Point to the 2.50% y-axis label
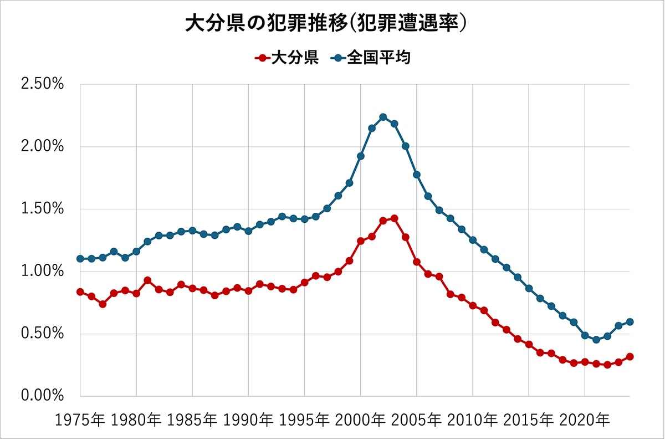point(42,85)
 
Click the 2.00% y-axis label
point(42,147)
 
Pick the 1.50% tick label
point(42,209)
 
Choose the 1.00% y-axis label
point(42,272)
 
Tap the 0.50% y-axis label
point(42,334)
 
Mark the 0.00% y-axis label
point(42,396)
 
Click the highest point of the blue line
point(383,117)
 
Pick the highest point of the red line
point(394,218)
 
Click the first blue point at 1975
point(80,259)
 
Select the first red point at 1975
point(80,291)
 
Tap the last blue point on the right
point(630,322)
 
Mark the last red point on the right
point(630,357)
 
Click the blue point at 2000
point(360,156)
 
